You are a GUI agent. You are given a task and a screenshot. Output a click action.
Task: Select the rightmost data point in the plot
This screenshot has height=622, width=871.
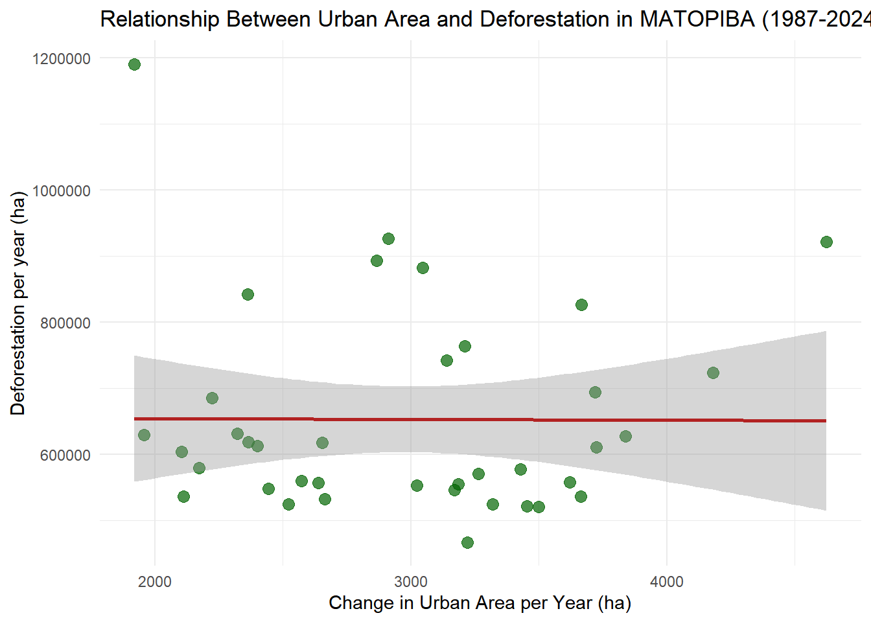coord(826,242)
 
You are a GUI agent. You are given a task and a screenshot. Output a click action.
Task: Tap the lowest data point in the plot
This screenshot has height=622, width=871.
coord(467,542)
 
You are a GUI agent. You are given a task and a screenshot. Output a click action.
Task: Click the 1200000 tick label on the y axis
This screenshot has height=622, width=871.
coord(62,59)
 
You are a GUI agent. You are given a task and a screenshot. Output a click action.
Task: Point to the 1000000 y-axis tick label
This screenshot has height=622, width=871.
coord(62,191)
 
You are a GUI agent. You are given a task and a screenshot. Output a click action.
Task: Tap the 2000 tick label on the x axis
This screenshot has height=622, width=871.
coord(155,581)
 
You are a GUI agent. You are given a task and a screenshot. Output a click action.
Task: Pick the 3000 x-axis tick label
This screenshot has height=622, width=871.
coord(411,581)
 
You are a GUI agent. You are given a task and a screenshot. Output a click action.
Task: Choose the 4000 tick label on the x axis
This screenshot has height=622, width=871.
coord(667,581)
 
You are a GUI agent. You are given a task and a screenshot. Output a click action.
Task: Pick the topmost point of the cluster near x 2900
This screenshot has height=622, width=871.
coord(388,238)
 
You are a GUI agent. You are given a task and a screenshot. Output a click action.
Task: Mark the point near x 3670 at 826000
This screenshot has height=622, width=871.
coord(581,305)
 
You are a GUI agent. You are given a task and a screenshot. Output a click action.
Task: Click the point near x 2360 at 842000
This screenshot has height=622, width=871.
coord(248,294)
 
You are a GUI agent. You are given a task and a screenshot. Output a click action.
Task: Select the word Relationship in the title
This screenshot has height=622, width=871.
coord(160,19)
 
